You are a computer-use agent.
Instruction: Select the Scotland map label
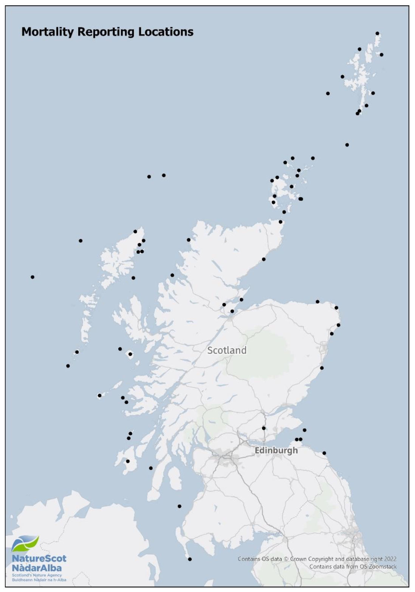click(227, 350)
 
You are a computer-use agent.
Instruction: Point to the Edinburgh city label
click(276, 451)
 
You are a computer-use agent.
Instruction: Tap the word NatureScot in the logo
click(39, 558)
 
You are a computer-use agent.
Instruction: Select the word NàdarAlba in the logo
click(37, 568)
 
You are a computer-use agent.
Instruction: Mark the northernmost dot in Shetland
click(377, 34)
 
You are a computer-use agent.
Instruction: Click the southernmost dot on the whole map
click(190, 559)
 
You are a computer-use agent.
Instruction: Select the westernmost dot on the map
click(33, 277)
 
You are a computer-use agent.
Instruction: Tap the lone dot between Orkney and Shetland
click(347, 145)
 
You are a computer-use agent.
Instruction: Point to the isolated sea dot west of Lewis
click(81, 241)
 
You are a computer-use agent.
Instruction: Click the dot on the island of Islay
click(128, 461)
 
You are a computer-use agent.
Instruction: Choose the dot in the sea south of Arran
click(180, 506)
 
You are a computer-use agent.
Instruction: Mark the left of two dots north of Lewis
click(149, 177)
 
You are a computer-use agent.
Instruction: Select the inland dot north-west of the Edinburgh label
click(264, 428)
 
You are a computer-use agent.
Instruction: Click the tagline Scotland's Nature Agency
click(37, 575)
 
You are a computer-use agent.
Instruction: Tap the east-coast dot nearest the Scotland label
click(322, 368)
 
